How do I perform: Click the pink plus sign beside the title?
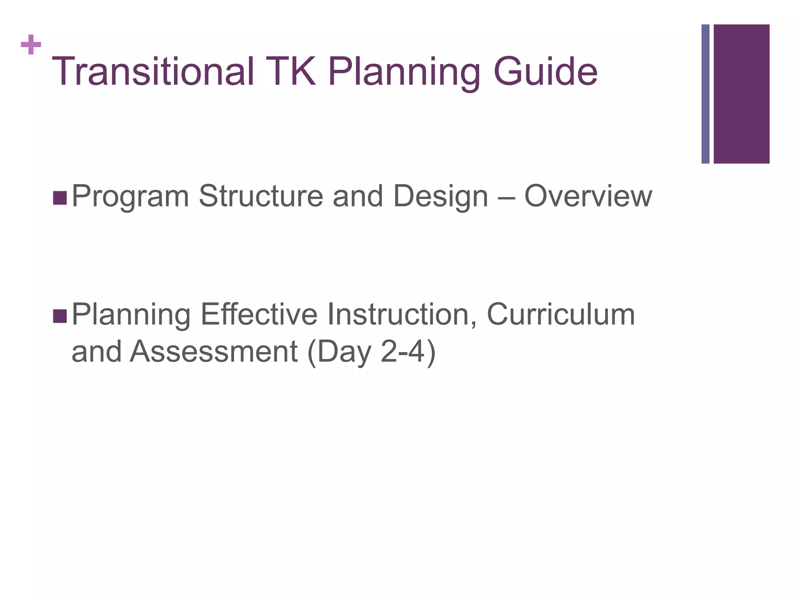[31, 45]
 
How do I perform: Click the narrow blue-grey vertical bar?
[705, 94]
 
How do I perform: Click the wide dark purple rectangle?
[741, 94]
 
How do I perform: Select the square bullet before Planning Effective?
[60, 316]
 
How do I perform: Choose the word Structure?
[261, 196]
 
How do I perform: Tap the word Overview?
[588, 196]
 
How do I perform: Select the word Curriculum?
[561, 314]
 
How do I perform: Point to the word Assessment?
[214, 351]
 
